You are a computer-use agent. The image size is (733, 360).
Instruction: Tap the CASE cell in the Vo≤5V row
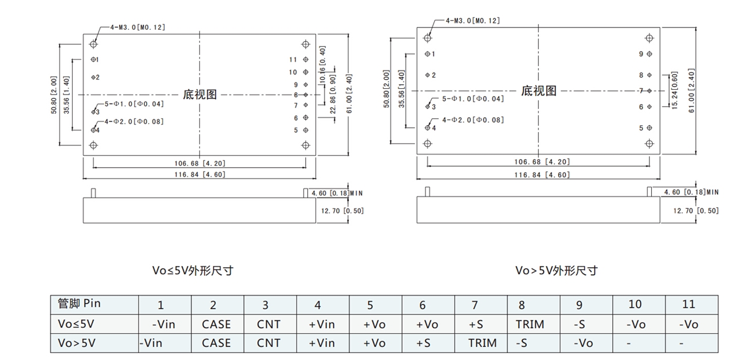point(216,324)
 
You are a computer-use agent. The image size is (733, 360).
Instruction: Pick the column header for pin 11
point(688,304)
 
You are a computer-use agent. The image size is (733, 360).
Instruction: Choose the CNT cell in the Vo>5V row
point(269,343)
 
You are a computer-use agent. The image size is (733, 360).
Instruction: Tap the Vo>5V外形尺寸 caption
point(556,270)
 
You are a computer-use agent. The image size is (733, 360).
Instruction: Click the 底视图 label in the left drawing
point(200,95)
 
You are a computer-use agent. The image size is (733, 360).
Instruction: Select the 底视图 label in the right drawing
point(538,91)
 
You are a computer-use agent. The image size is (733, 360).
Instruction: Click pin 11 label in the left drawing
point(293,60)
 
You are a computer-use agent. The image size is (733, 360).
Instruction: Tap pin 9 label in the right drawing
point(641,54)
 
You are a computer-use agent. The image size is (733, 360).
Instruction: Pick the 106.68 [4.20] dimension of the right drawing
point(542,162)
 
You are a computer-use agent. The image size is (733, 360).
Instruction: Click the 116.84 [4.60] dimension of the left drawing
point(200,175)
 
